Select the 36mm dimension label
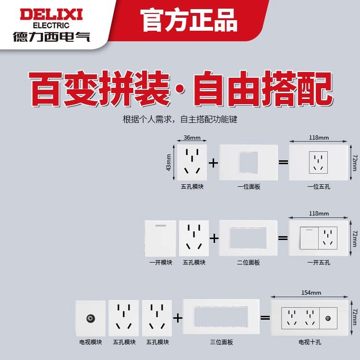coord(192,137)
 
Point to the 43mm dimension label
coord(169,162)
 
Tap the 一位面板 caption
coord(249,187)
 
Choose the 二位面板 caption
coord(249,263)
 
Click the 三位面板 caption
coord(222,342)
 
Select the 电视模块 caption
coord(91,342)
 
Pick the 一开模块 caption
coord(160,263)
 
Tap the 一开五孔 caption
coord(319,263)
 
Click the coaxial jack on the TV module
coord(90,318)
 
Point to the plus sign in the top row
coord(213,162)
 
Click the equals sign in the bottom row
coord(265,318)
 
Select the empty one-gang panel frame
coord(249,162)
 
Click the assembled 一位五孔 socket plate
coord(319,162)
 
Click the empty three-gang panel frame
coord(222,317)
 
